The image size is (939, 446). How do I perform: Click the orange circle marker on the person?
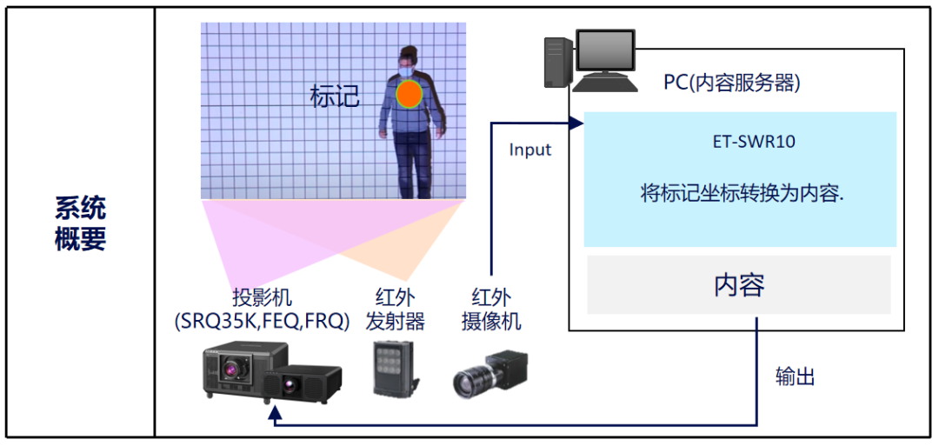point(410,94)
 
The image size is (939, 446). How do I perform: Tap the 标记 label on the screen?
point(335,96)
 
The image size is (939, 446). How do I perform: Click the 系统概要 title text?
point(80,223)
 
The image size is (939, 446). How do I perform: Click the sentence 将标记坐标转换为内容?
point(742,194)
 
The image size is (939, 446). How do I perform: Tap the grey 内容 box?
point(739,284)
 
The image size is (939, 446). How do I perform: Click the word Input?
point(530,150)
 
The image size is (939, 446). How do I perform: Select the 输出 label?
point(796,377)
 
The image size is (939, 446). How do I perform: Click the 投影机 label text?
point(262,296)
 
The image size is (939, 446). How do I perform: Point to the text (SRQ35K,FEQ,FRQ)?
point(262,321)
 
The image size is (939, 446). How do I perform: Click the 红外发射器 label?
point(396,310)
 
